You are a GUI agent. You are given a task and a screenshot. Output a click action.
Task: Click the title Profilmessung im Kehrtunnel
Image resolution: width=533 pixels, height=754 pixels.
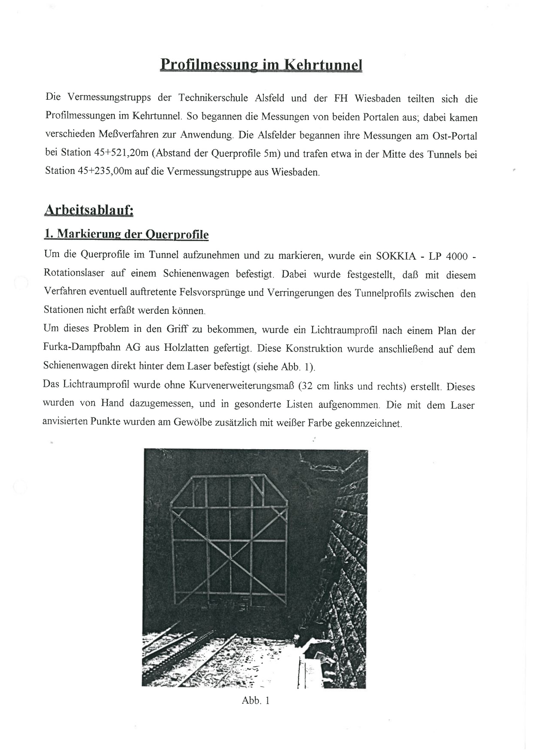click(x=261, y=65)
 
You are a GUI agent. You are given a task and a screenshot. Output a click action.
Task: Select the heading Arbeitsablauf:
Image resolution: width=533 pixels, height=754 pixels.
click(x=89, y=211)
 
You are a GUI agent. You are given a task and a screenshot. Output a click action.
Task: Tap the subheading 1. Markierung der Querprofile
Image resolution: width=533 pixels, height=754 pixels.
click(x=126, y=234)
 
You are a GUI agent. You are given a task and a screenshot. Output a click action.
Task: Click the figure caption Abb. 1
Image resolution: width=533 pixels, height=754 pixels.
click(x=256, y=700)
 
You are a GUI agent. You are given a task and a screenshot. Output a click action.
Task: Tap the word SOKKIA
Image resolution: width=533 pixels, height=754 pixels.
click(x=396, y=256)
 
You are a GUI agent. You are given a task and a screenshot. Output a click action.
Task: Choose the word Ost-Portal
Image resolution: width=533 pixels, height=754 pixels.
click(x=456, y=136)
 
